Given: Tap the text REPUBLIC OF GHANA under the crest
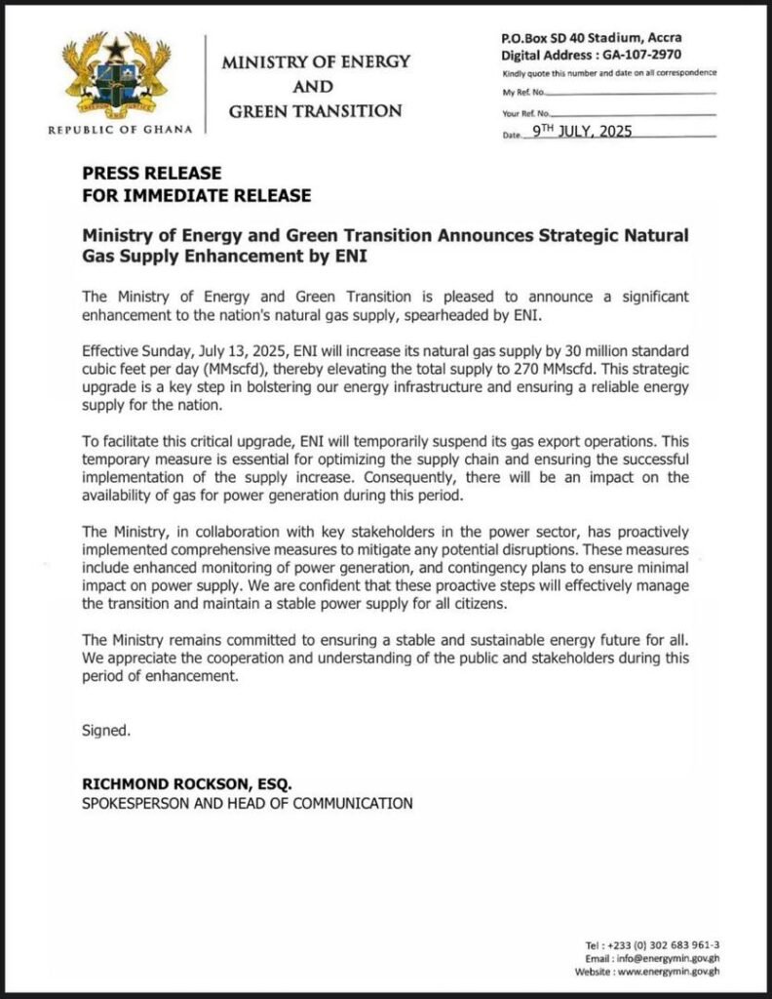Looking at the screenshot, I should coord(120,129).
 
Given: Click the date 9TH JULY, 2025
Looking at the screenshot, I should coord(583,132).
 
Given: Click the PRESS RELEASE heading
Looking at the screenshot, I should coord(138,174).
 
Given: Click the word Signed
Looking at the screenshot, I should coord(105,729).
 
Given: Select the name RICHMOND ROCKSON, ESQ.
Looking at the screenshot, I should coord(187,784).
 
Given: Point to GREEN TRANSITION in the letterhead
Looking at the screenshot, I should coord(315,110).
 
